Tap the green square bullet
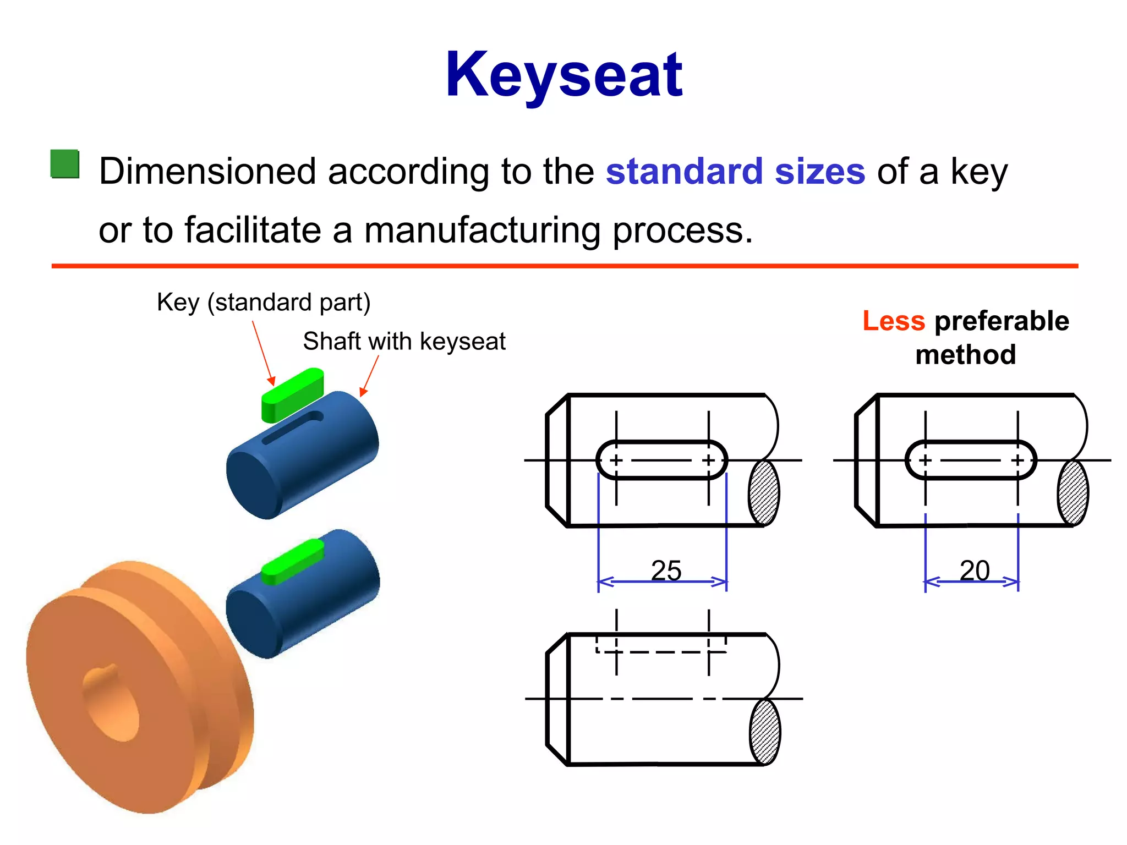pos(65,164)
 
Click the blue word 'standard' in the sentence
pos(684,171)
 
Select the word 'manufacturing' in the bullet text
pos(482,230)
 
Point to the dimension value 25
pos(666,570)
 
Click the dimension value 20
pos(975,570)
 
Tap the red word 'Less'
pos(894,321)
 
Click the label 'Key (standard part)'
pos(264,302)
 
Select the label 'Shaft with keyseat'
pos(404,341)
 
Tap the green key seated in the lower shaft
pos(292,561)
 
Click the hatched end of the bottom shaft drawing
pos(765,732)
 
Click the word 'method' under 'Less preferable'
pos(966,355)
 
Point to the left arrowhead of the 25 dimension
pos(605,581)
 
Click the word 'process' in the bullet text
pos(682,230)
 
